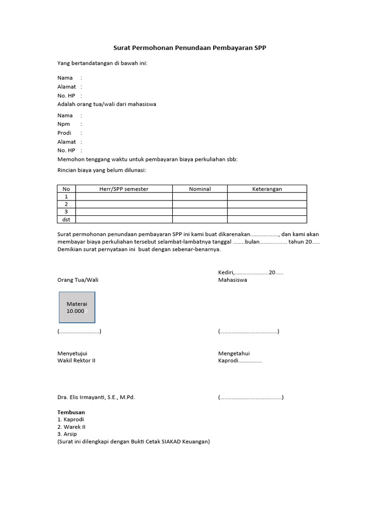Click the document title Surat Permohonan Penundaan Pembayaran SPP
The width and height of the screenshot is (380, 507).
[190, 48]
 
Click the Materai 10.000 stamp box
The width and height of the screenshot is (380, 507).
[77, 307]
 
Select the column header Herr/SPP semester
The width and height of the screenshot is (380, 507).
[124, 189]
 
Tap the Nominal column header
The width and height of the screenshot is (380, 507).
[199, 189]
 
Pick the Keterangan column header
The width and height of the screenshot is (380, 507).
[267, 189]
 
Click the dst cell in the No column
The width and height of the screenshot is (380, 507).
[66, 219]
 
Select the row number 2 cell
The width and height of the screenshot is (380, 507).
[66, 204]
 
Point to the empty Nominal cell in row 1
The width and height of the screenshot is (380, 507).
[199, 197]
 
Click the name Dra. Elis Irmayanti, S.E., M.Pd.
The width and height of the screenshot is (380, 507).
[96, 397]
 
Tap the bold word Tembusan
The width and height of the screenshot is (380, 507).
[71, 412]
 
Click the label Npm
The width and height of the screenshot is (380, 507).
[63, 124]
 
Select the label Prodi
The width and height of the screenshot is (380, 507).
[64, 133]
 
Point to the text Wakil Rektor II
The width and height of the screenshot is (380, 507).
[76, 360]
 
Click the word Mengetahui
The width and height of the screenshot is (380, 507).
[234, 353]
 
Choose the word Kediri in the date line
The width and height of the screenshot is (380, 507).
[226, 272]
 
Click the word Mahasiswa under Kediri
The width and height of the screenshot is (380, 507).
[233, 280]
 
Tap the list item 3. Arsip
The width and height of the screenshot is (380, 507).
[67, 434]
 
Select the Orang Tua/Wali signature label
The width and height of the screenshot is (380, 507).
[78, 280]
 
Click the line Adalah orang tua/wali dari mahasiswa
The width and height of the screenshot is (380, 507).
[106, 104]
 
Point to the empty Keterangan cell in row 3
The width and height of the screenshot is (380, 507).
[267, 212]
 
